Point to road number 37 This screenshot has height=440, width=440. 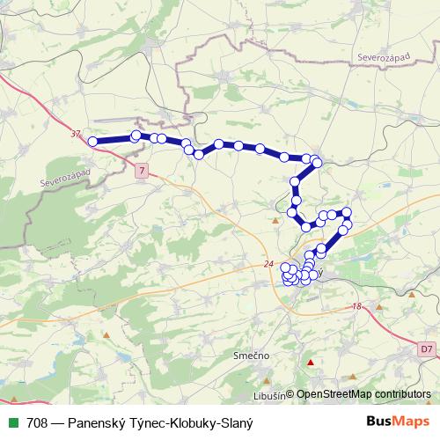coord(75,134)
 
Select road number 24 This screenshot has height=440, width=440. coord(268,265)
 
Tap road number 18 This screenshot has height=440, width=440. coord(356,306)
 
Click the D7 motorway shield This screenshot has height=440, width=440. coord(426,349)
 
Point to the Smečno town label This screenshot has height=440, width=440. coord(251,355)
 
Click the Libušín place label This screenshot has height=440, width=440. coord(268,395)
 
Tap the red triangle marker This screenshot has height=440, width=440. coord(309,363)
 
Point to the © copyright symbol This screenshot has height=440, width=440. coord(290,395)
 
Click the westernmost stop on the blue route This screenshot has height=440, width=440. coord(92,141)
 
